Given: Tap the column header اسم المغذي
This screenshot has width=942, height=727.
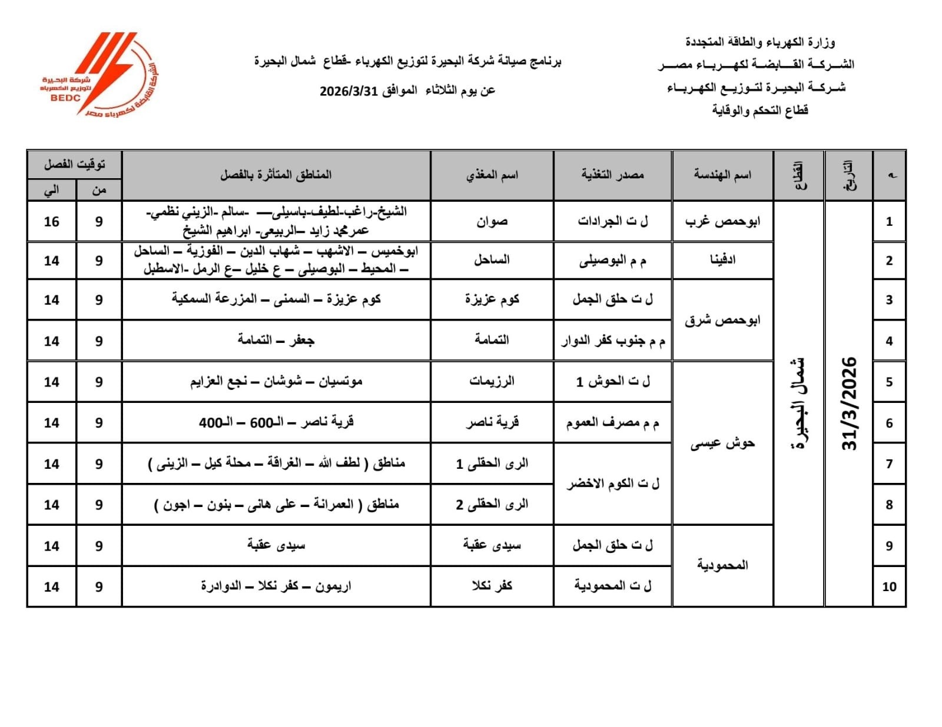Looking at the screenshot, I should point(492,175).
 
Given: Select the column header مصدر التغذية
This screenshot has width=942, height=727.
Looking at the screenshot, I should point(612,175).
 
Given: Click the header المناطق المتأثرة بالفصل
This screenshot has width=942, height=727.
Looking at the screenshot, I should point(276,175).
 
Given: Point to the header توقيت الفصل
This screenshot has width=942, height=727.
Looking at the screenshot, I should point(74,164).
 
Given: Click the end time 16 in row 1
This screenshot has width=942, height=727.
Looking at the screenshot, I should point(52,222).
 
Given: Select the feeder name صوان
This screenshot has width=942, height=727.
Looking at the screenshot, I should point(492,222).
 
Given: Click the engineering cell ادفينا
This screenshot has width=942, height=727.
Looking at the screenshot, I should point(722,261).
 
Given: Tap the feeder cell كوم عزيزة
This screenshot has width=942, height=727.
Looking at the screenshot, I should point(492,299).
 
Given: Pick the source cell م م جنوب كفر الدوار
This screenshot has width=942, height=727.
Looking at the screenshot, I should point(612,341).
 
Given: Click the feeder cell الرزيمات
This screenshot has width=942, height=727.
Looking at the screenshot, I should point(492,382).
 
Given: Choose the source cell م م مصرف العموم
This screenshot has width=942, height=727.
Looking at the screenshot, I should point(612,423).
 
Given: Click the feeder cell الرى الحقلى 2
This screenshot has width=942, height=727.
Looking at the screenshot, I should point(492,505).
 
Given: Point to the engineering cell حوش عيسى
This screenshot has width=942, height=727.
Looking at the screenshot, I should point(722,443).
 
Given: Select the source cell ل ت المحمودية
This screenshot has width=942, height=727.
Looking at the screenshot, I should point(612,586).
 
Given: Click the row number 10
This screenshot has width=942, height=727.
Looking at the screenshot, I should point(889,586).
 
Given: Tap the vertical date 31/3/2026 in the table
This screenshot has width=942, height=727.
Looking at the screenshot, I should point(849,403).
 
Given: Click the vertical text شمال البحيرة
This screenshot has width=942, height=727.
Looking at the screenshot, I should point(799,403).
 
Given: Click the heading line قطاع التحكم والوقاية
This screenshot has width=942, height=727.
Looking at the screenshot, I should point(759,110).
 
